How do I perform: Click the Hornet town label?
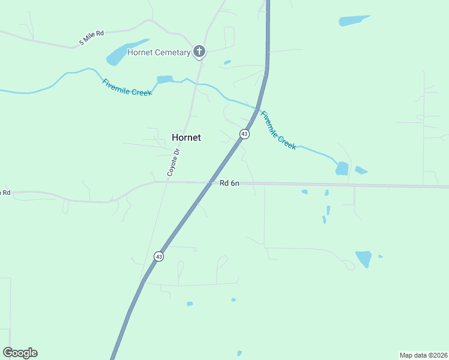(186, 137)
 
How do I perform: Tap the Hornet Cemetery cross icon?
(199, 52)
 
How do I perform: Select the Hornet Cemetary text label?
(159, 53)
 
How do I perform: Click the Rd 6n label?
(229, 183)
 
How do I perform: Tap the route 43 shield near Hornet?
(244, 134)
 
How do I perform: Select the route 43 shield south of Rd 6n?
(158, 256)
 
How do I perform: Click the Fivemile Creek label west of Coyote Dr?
(126, 88)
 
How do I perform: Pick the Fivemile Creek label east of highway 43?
(278, 130)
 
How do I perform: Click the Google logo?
(20, 353)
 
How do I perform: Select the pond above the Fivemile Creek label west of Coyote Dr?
(164, 79)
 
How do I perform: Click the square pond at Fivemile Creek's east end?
(342, 168)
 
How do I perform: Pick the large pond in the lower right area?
(364, 259)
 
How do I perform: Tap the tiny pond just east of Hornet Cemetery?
(227, 62)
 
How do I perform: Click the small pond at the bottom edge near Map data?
(240, 353)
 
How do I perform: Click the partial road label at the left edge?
(5, 193)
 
